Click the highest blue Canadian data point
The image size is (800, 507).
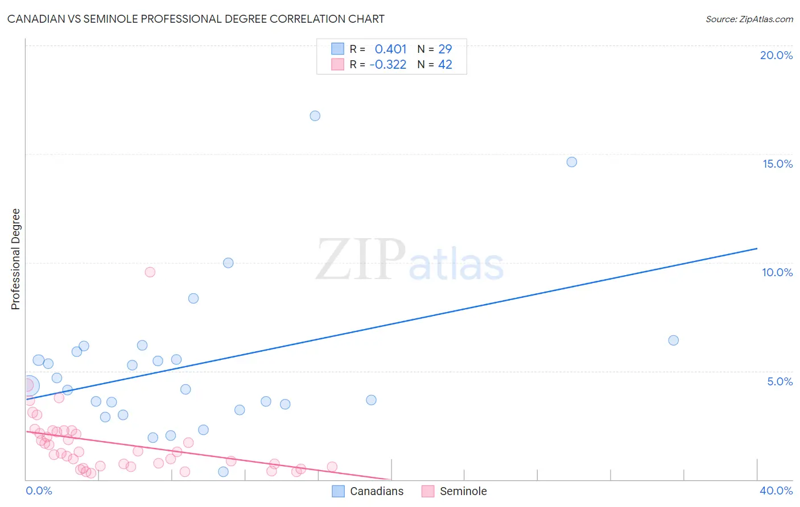pos(315,116)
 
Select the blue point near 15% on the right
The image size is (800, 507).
pos(572,162)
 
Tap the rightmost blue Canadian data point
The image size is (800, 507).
pos(673,340)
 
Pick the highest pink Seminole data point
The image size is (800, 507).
pos(150,272)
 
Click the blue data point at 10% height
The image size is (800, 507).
pos(228,263)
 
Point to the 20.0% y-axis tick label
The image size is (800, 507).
pos(776,55)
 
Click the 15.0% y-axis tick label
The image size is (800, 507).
pos(777,164)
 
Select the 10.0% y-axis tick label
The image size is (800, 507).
pos(777,272)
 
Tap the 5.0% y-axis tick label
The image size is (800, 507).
pos(780,381)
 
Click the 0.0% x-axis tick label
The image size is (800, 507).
pos(39,491)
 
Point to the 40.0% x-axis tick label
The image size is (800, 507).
pos(776,491)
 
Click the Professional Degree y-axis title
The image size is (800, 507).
pos(15,259)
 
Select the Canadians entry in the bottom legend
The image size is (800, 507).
pos(376,491)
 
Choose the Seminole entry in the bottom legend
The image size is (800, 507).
pos(463,491)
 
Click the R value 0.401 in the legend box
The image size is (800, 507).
pos(390,49)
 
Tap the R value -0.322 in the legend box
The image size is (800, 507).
pos(387,65)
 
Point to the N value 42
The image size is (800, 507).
pos(445,65)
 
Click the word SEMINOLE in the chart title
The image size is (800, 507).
pos(110,19)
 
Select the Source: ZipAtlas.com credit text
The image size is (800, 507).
pos(749,19)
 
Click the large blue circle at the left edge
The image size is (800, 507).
pos(28,385)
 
